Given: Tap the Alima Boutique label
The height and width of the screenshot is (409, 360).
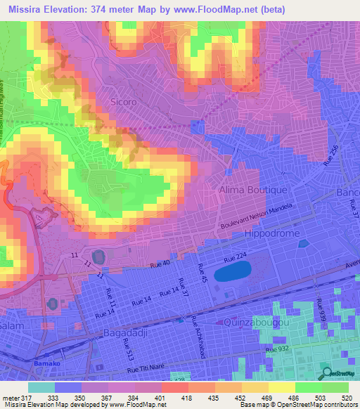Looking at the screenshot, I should (243, 190).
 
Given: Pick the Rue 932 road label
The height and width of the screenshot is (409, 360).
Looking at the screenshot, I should (278, 348).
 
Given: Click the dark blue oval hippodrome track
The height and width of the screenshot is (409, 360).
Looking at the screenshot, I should (233, 271).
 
